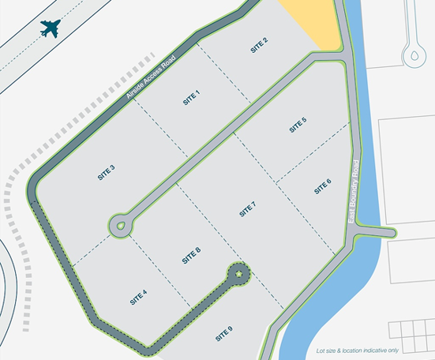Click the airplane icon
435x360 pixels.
point(52,29)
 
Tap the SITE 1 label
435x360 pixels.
point(192,98)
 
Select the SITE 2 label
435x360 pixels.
point(261,44)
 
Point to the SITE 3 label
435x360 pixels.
point(107,173)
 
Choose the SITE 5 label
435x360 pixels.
point(297,125)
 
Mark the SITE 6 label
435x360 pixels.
point(322,187)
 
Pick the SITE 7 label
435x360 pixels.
point(248,209)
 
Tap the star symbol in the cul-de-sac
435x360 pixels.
point(238,274)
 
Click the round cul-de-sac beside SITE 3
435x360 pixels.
point(121,224)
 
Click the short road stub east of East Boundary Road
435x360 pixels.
point(377,231)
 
